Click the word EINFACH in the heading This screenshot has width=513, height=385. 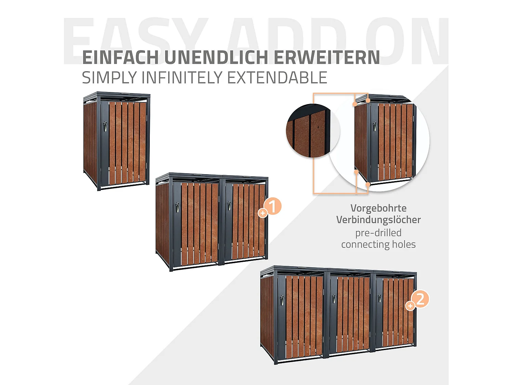coord(120,57)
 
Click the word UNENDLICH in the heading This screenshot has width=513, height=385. coord(216,57)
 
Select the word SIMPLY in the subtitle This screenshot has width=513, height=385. coord(109,78)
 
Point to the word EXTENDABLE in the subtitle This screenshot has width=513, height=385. coord(277,78)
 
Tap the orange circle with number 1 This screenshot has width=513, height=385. coord(273,206)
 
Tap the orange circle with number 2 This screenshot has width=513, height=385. coord(420,299)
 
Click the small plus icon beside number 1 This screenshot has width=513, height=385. coord(263,213)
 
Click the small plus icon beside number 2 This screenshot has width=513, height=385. coord(410,306)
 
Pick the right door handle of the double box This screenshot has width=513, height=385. coord(229,205)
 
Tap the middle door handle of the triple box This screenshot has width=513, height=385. coord(334,298)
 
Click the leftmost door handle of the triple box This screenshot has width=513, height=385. coord(282,300)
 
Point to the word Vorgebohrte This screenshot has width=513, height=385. coord(378,208)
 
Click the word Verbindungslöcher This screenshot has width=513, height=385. coord(378,220)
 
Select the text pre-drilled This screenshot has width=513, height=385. coord(378,233)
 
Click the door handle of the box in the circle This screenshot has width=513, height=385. coord(375,126)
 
